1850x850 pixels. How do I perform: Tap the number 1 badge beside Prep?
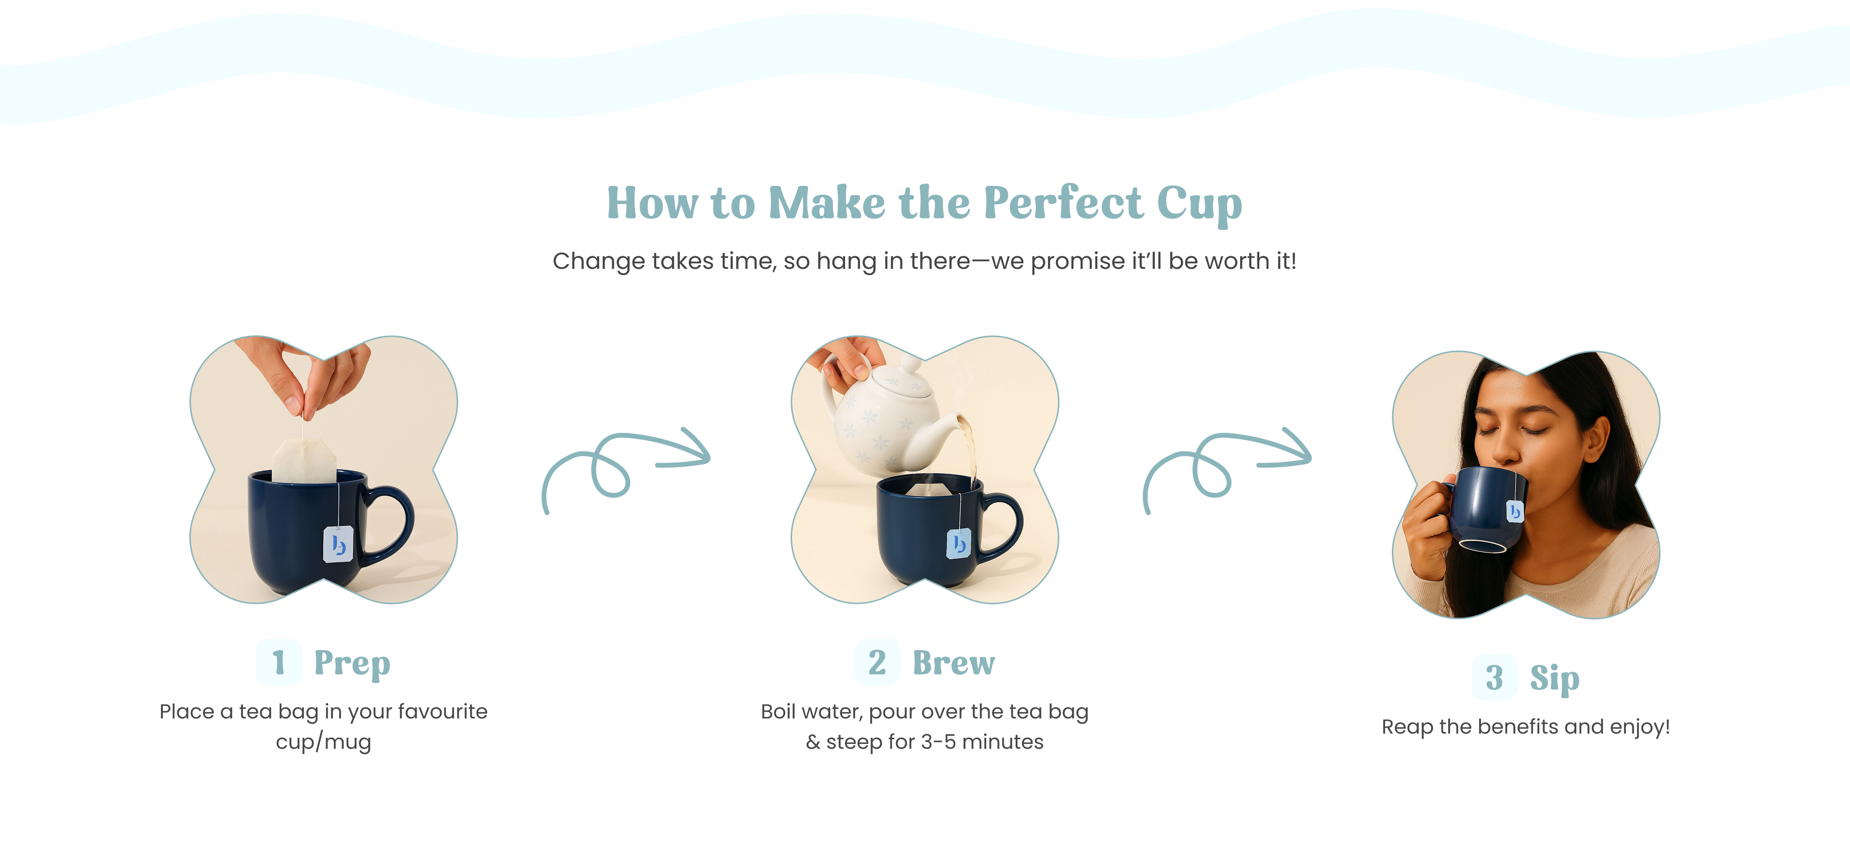pyautogui.click(x=278, y=662)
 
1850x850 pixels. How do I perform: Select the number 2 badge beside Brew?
pyautogui.click(x=877, y=662)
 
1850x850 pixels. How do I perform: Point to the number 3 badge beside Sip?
pyautogui.click(x=1494, y=677)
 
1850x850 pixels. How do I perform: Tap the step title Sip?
pyautogui.click(x=1555, y=678)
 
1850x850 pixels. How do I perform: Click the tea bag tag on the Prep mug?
pyautogui.click(x=338, y=544)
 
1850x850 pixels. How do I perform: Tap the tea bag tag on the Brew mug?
pyautogui.click(x=959, y=543)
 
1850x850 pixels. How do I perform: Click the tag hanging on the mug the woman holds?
pyautogui.click(x=1515, y=511)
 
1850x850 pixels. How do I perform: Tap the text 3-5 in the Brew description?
pyautogui.click(x=937, y=742)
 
